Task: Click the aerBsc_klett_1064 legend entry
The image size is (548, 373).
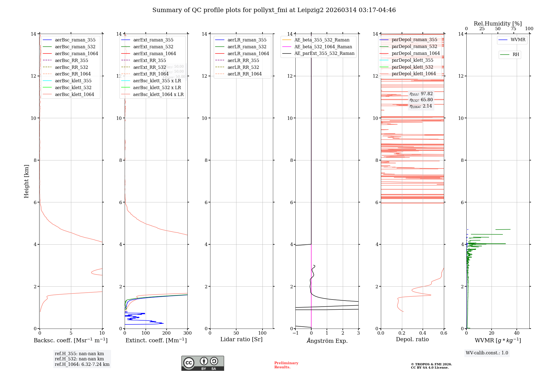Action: point(74,94)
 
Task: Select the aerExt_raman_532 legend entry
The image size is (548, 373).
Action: point(153,47)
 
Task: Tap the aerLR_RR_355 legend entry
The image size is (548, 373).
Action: point(243,60)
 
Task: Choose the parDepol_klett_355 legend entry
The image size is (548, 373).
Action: point(412,60)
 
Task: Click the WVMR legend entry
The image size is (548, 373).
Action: point(518,40)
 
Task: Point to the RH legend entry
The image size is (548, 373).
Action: point(515,55)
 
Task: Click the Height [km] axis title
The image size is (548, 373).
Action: point(26,181)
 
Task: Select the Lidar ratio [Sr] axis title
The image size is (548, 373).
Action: point(241,339)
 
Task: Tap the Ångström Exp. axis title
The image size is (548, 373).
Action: point(327,341)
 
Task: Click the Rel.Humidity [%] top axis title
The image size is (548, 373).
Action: point(498,24)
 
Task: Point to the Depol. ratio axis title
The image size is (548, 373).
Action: point(412,339)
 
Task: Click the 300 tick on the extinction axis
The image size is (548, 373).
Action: point(187,333)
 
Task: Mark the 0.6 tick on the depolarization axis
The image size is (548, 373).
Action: point(444,333)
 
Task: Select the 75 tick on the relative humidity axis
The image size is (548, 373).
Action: point(513,29)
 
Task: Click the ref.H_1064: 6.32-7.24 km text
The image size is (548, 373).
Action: point(82,364)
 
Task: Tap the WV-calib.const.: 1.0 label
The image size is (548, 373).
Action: point(487,353)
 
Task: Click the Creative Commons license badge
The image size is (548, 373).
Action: point(202,363)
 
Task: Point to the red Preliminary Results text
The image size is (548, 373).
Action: point(286,365)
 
